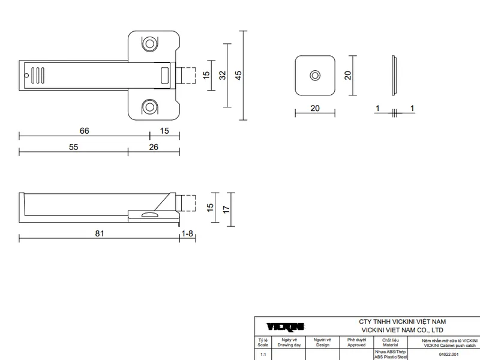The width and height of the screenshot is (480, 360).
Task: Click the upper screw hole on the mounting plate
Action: [149, 44]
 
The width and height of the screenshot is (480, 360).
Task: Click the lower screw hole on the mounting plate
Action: [149, 107]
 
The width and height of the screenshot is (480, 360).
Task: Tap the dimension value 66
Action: [84, 131]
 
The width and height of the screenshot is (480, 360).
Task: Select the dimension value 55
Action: [73, 147]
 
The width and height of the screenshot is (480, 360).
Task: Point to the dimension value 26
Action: [154, 147]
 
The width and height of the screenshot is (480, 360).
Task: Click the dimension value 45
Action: [238, 76]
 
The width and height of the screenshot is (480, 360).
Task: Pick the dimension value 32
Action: [222, 76]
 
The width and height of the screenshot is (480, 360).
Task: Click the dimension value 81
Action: [100, 233]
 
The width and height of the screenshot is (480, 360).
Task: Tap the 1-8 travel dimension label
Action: [187, 233]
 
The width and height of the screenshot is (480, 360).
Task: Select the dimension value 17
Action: [226, 209]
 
